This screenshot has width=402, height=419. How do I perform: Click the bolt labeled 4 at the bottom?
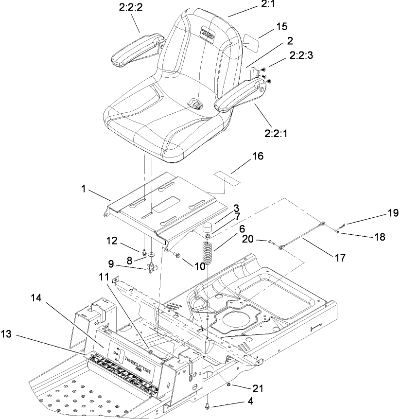tap(208, 404)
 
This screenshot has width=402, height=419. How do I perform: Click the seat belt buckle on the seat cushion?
tap(196, 105)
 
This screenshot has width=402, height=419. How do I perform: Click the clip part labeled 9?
tap(151, 266)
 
